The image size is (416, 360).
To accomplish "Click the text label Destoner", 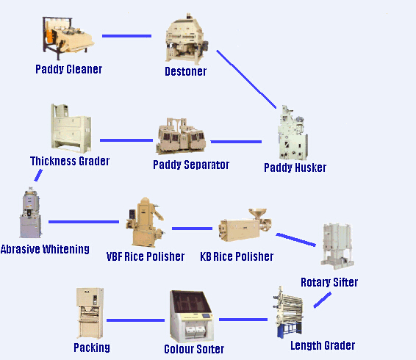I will pyautogui.click(x=186, y=72).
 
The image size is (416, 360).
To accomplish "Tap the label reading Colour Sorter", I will pyautogui.click(x=194, y=349).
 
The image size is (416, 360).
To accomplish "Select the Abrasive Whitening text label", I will pyautogui.click(x=45, y=249).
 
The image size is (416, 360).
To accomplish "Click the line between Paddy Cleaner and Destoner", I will pyautogui.click(x=126, y=35).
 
